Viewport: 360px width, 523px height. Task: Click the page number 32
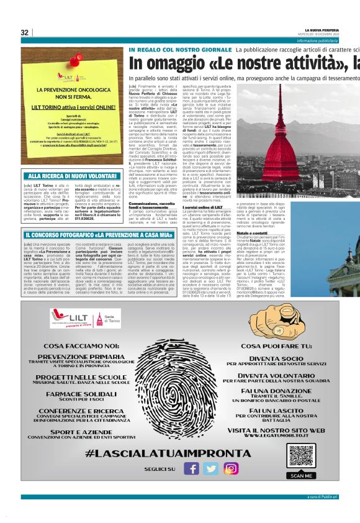pyautogui.click(x=25, y=32)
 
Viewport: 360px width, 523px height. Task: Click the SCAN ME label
pyautogui.click(x=302, y=475)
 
